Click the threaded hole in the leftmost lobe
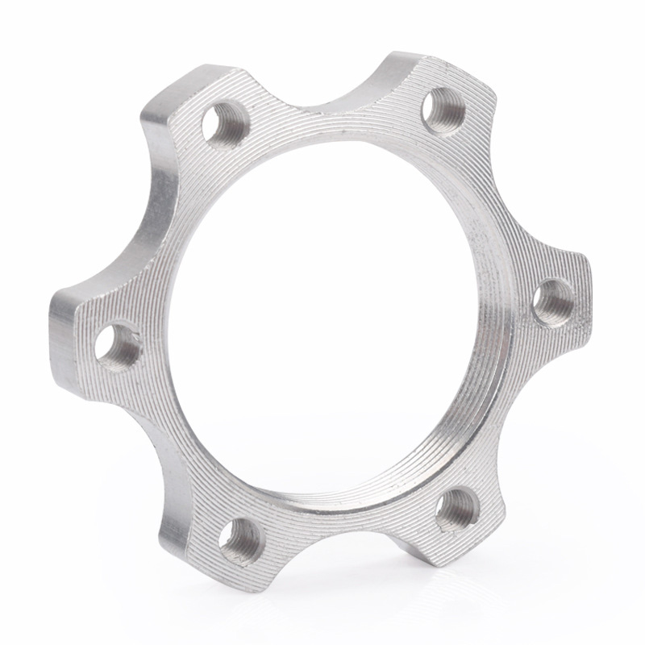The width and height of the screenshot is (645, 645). pos(118,344)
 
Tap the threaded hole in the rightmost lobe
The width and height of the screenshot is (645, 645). pos(554,300)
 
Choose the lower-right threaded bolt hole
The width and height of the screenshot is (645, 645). pos(457,509)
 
